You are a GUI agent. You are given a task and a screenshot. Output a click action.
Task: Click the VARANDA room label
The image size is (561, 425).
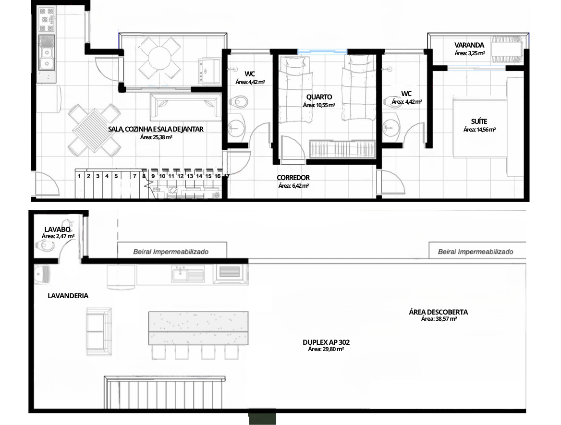tap(469, 45)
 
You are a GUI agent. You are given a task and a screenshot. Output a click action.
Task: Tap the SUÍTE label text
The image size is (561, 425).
tap(479, 121)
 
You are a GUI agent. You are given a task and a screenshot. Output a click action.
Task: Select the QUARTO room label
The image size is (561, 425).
tap(319, 97)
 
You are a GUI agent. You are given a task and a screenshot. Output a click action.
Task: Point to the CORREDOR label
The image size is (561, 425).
tap(293, 178)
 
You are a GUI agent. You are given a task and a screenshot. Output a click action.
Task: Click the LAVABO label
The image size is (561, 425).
tap(57, 230)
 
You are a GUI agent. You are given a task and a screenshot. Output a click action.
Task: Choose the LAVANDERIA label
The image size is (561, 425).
tap(68, 296)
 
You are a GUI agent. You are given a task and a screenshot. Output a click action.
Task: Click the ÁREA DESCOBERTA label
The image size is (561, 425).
tap(438, 312)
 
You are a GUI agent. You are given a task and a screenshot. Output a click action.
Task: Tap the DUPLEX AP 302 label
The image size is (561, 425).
tap(326, 342)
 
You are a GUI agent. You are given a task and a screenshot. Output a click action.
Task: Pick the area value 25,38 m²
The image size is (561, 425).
tap(157, 137)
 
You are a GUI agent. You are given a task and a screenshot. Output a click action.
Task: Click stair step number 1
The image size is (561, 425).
tap(79, 176)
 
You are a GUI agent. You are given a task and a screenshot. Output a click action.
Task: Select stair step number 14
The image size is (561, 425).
tap(199, 176)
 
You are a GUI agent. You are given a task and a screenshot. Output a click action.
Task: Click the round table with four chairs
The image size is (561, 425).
tap(159, 58)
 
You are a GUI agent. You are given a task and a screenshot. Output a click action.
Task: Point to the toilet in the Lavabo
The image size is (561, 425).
tap(45, 246)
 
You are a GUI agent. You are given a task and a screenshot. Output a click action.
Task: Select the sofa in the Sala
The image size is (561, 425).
tap(186, 107)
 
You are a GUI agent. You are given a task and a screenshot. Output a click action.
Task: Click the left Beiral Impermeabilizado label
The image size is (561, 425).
tap(171, 252)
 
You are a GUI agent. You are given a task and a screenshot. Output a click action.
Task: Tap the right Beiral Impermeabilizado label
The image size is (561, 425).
tap(476, 252)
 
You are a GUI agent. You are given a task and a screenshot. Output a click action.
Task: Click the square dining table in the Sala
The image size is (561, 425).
tap(95, 130)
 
